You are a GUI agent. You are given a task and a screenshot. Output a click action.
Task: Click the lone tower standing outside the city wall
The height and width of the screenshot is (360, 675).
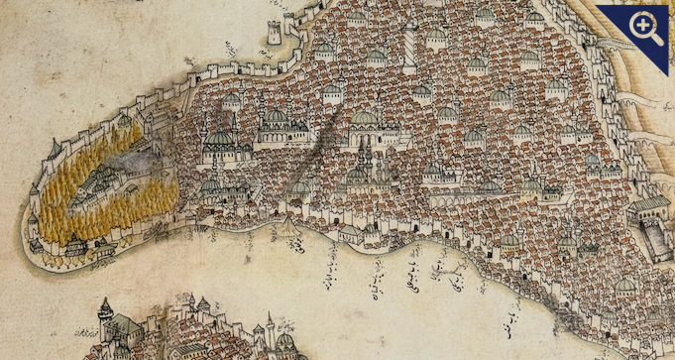(274, 32)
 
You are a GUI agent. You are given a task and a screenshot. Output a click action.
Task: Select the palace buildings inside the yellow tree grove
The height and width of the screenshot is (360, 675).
(98, 184)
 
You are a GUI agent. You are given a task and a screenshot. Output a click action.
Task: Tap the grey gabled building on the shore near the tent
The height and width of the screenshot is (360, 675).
(350, 232)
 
